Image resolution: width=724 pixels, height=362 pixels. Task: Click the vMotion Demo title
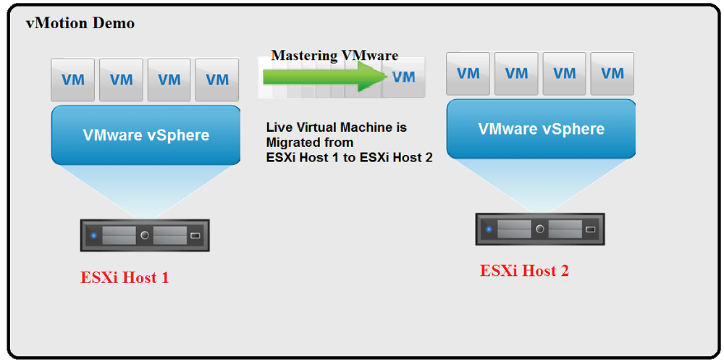[x=80, y=23]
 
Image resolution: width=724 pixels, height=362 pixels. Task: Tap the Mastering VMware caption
[x=334, y=56]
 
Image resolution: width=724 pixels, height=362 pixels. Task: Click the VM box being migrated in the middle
[x=403, y=77]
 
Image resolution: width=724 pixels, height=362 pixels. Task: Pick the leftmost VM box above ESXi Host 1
[x=73, y=80]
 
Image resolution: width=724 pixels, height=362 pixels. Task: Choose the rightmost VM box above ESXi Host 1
[x=217, y=80]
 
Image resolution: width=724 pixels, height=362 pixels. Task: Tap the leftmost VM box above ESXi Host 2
[x=468, y=73]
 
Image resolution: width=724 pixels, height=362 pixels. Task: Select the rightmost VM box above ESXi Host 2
[x=613, y=73]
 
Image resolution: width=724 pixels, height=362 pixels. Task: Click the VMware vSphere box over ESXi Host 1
[x=146, y=135]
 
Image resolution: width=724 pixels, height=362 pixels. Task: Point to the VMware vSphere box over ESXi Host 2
[x=541, y=129]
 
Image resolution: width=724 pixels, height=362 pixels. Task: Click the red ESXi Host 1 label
[x=125, y=277]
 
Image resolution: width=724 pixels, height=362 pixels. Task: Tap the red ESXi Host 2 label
[x=524, y=271]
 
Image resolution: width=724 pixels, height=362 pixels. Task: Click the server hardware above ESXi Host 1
[x=145, y=235]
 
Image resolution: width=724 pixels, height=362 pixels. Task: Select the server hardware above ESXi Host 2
[x=540, y=229]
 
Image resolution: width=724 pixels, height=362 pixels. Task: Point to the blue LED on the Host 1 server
[x=93, y=235]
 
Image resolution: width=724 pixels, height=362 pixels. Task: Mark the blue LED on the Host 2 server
[x=489, y=230]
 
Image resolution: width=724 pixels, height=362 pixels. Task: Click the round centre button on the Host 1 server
[x=145, y=235]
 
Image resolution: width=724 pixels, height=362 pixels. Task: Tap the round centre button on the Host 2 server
[x=540, y=229]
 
